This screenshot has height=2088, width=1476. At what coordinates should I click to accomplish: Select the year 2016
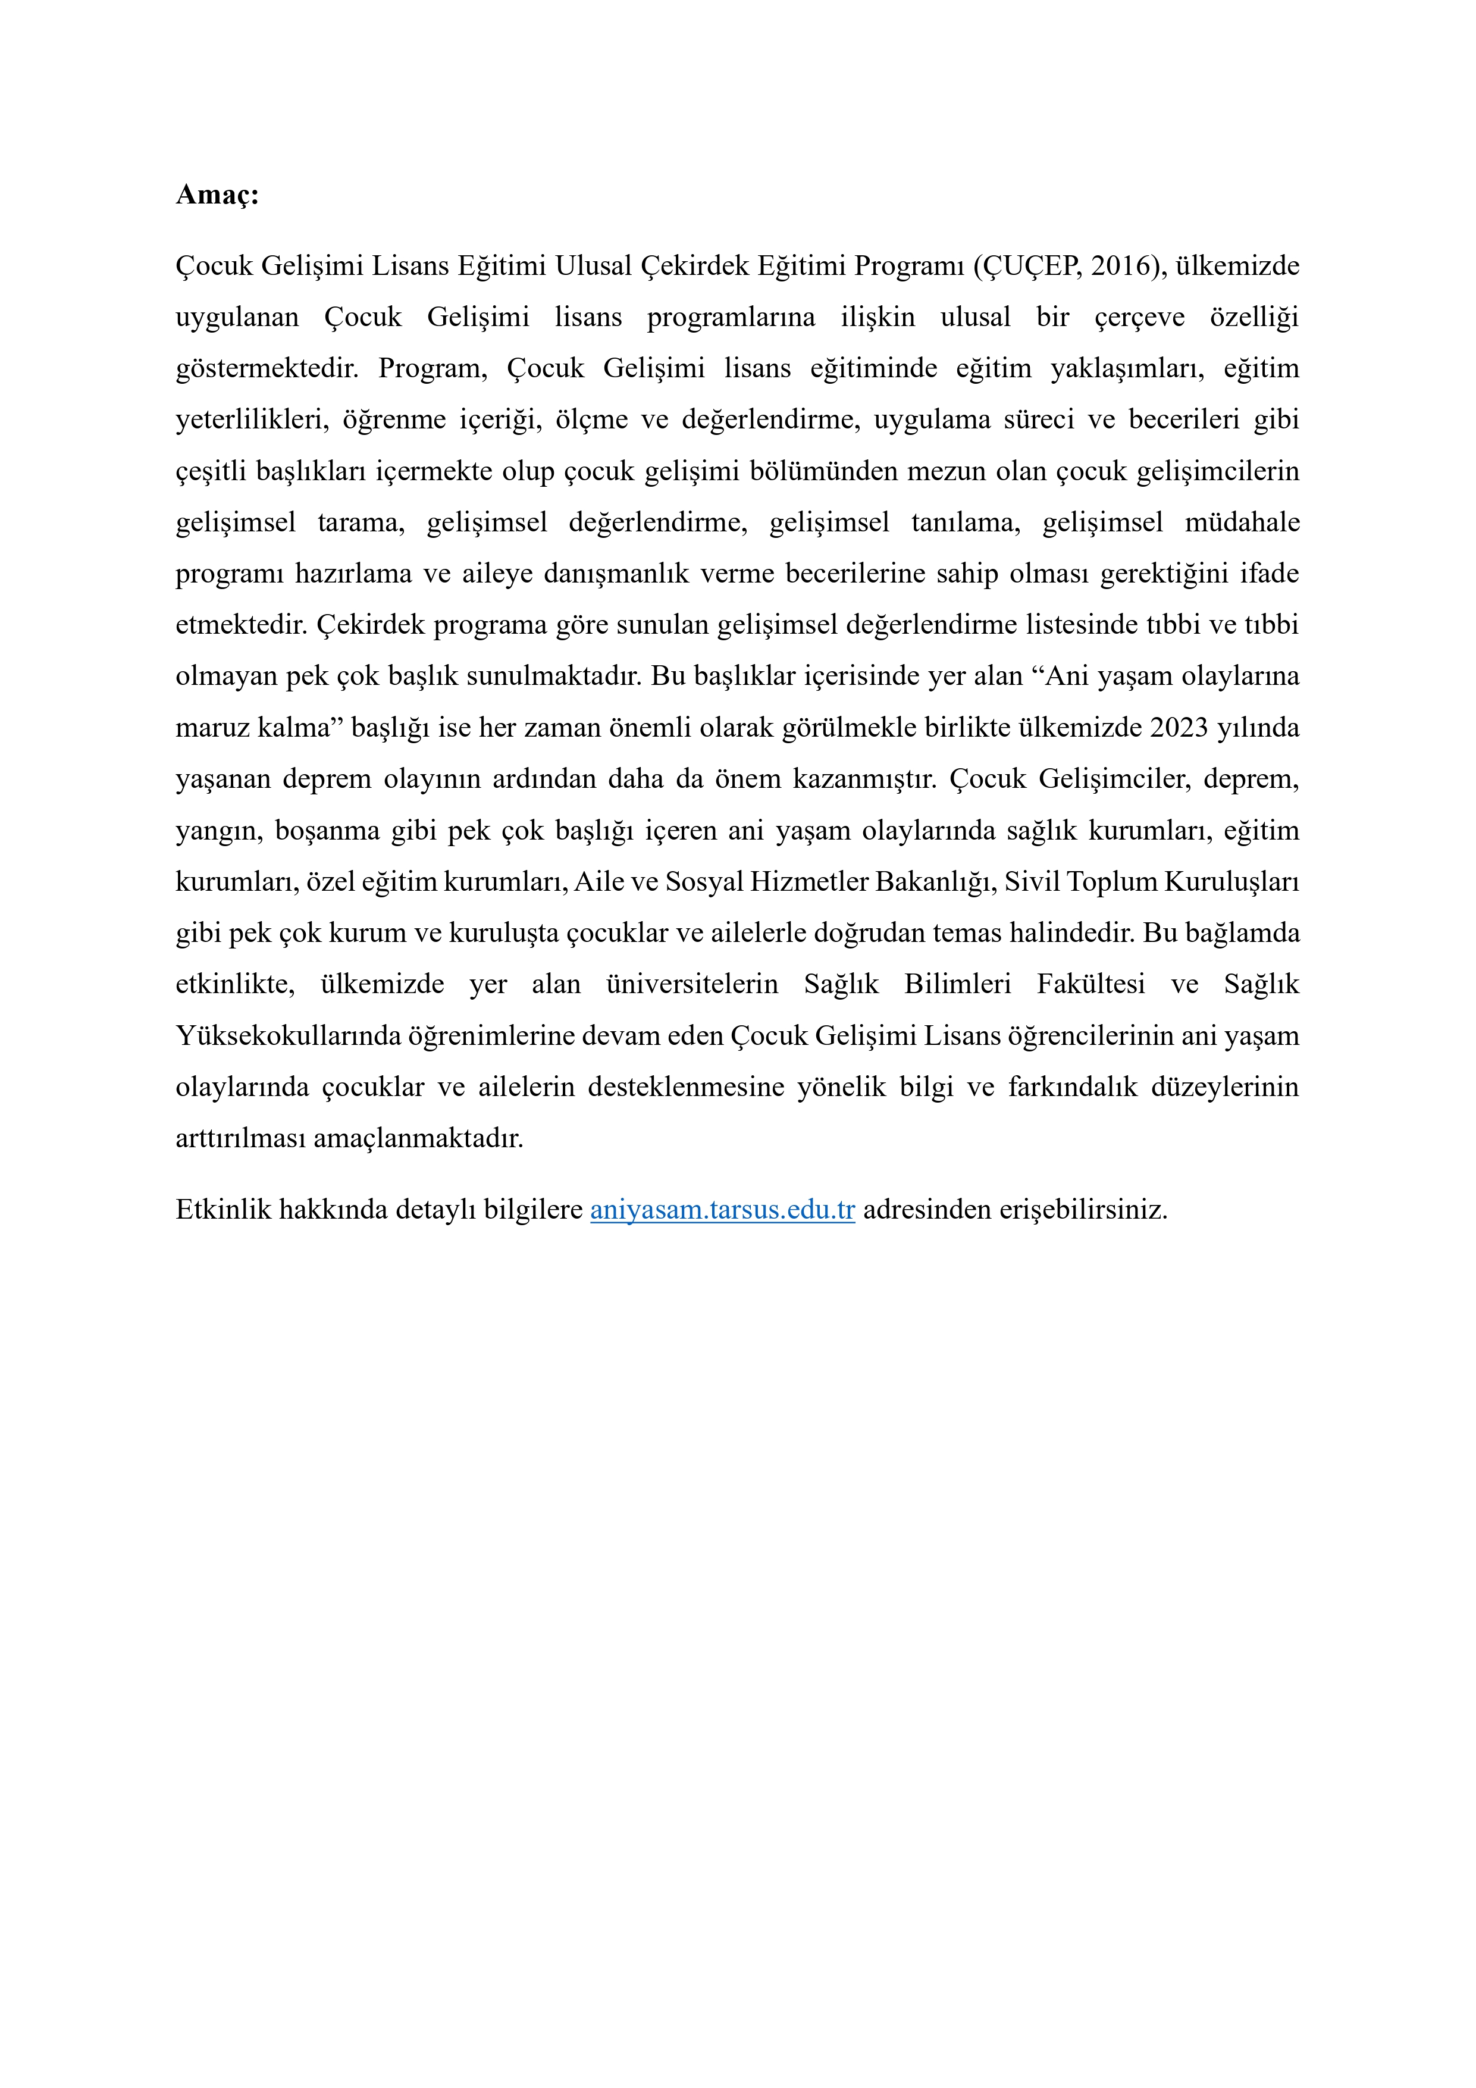click(1123, 267)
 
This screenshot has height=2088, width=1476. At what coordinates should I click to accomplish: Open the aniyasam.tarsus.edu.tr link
click(722, 1210)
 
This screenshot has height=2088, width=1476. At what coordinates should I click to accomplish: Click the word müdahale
click(1242, 523)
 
